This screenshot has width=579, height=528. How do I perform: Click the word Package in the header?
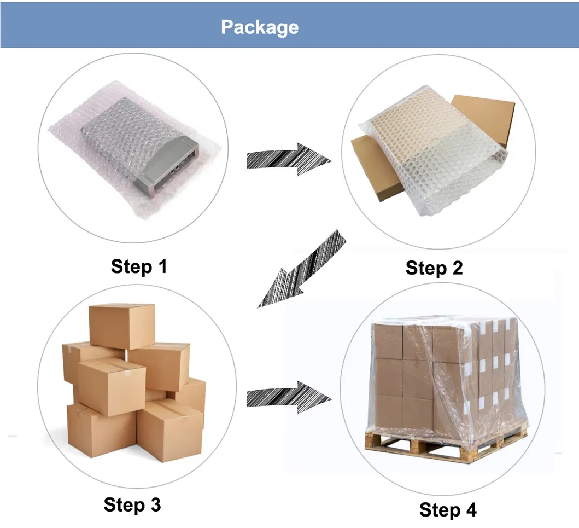click(260, 27)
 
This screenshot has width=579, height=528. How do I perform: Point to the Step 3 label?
click(132, 504)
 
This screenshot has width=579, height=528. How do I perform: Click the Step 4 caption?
click(448, 510)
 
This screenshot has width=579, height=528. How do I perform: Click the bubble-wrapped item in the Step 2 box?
click(432, 148)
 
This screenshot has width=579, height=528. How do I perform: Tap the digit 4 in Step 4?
click(470, 510)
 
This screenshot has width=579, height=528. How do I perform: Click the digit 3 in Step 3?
click(155, 504)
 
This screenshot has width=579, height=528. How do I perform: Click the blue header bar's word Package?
click(260, 27)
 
